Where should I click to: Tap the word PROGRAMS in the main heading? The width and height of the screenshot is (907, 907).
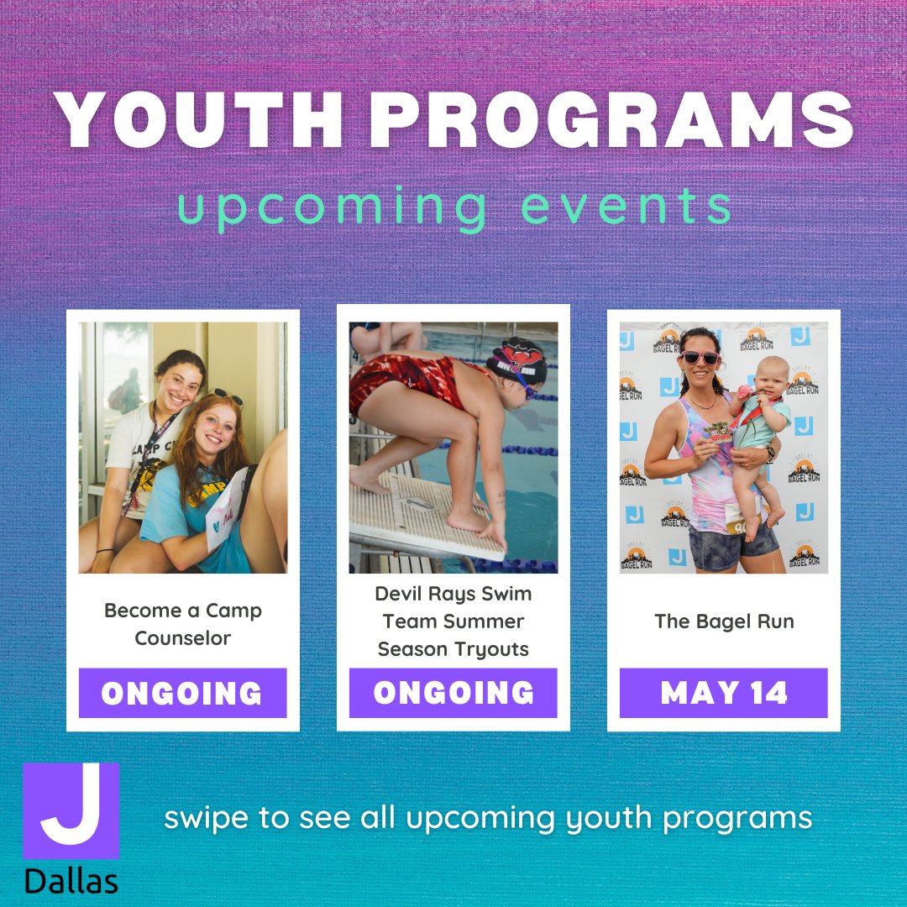coord(612,118)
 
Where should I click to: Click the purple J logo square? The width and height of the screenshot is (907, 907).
coord(71,810)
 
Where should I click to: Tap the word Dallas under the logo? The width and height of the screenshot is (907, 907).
coord(71,881)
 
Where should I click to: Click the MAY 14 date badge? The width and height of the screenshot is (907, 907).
coord(723,693)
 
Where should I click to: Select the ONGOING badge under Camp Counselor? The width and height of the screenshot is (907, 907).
coord(182,693)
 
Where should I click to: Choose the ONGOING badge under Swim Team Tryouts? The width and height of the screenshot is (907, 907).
coord(453,693)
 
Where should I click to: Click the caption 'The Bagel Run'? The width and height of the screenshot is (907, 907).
coord(723,621)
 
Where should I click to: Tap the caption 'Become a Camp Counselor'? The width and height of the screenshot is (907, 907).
coord(182,624)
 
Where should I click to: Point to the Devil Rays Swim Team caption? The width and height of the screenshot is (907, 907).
coord(453,621)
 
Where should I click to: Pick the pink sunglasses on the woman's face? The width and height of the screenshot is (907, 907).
coord(700,358)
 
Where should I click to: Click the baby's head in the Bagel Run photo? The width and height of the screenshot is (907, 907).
coord(770,375)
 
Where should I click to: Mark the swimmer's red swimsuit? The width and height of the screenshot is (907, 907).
coord(403,378)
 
